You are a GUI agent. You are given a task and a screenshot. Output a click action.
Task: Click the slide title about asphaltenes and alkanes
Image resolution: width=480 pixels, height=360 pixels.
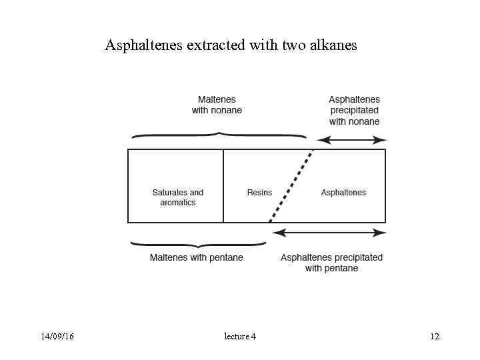pyautogui.click(x=231, y=45)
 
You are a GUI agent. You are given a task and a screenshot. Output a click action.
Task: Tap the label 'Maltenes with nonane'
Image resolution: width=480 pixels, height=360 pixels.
pyautogui.click(x=217, y=105)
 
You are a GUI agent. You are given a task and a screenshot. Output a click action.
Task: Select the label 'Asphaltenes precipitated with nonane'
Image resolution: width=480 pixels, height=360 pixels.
pyautogui.click(x=354, y=110)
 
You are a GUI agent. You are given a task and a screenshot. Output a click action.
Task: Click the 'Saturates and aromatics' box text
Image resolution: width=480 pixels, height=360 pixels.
pyautogui.click(x=178, y=197)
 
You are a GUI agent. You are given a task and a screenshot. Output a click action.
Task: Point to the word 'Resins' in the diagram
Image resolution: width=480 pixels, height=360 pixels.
pyautogui.click(x=259, y=193)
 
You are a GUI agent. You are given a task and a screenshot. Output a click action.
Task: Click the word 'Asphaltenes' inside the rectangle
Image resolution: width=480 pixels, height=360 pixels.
pyautogui.click(x=343, y=193)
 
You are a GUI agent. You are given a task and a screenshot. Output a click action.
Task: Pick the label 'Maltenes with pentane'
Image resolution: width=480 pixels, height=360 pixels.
pyautogui.click(x=196, y=257)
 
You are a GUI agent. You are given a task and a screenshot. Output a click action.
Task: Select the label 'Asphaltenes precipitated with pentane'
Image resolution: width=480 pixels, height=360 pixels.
pyautogui.click(x=331, y=263)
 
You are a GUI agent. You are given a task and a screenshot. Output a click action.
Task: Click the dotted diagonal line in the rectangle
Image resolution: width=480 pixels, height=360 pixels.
pyautogui.click(x=291, y=187)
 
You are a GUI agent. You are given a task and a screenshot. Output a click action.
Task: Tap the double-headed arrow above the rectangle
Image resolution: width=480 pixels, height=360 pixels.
pyautogui.click(x=351, y=140)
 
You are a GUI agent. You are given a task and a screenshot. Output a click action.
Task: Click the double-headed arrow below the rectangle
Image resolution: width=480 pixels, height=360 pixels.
pyautogui.click(x=329, y=233)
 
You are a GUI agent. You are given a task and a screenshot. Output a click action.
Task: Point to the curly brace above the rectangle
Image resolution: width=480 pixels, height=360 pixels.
pyautogui.click(x=219, y=135)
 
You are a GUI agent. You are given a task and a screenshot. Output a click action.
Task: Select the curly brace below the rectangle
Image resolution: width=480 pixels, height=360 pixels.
pyautogui.click(x=199, y=245)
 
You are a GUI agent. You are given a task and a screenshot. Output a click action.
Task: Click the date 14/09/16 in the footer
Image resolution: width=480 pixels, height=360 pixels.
pyautogui.click(x=57, y=337)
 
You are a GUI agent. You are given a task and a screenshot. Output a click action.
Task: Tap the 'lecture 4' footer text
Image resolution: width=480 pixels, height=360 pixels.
pyautogui.click(x=240, y=337)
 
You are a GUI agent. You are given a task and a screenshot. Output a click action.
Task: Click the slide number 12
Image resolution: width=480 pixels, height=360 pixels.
pyautogui.click(x=435, y=337)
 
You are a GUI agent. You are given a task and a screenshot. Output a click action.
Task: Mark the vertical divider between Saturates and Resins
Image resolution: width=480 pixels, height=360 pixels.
pyautogui.click(x=223, y=185)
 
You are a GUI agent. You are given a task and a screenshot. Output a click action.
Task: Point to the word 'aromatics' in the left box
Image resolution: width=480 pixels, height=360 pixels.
pyautogui.click(x=178, y=202)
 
